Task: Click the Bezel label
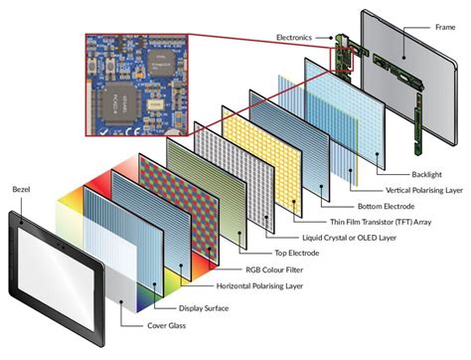23,189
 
